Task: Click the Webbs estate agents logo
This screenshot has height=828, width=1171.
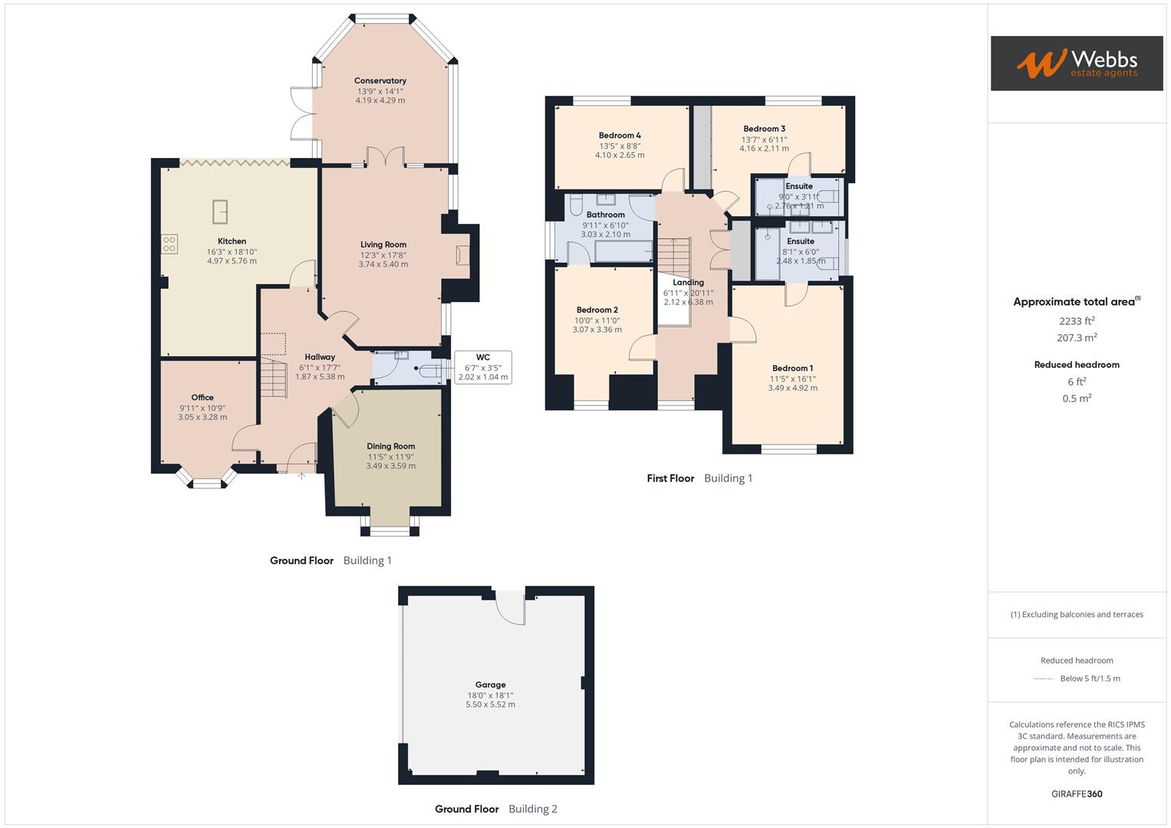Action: click(x=1076, y=63)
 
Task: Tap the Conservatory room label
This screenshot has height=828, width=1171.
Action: click(x=380, y=80)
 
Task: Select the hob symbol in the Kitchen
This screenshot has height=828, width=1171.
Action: click(x=169, y=245)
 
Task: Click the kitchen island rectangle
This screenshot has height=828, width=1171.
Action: click(x=219, y=211)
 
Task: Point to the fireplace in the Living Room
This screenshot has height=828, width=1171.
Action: click(x=462, y=255)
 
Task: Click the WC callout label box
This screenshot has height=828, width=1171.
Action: click(x=482, y=367)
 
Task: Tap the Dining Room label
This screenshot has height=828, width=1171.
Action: click(x=390, y=446)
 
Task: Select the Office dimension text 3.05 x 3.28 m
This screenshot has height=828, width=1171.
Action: click(x=202, y=417)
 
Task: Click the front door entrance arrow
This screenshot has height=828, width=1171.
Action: click(x=301, y=476)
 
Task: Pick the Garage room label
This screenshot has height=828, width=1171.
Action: click(x=490, y=685)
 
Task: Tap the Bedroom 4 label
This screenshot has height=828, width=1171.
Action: click(x=620, y=136)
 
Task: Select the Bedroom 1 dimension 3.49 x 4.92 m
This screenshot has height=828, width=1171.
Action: click(x=792, y=388)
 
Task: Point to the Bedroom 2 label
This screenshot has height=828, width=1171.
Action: click(x=597, y=310)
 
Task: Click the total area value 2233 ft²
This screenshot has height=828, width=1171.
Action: click(x=1076, y=321)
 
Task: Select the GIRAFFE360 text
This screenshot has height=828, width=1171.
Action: click(x=1076, y=793)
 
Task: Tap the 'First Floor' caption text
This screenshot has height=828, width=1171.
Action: click(x=670, y=478)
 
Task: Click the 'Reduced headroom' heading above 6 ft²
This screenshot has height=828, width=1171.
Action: click(x=1076, y=365)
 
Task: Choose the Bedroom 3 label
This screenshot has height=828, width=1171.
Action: click(x=764, y=129)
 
